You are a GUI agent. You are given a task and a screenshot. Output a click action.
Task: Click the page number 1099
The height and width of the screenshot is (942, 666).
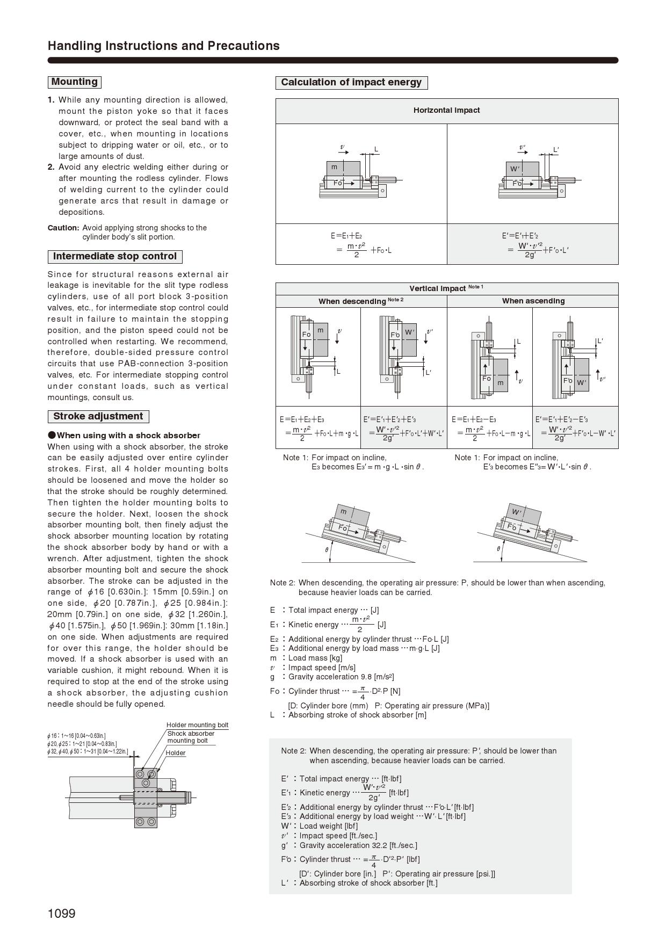62,914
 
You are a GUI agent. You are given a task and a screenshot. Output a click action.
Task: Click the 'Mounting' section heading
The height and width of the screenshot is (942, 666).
74,82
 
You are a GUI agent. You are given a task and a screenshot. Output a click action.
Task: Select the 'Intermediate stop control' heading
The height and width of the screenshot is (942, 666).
114,256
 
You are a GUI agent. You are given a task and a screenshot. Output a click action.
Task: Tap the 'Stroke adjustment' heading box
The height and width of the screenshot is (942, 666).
98,416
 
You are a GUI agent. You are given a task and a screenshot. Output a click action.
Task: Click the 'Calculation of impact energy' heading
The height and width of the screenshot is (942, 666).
351,83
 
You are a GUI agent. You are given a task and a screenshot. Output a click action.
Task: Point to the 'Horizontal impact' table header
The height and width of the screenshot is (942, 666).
446,110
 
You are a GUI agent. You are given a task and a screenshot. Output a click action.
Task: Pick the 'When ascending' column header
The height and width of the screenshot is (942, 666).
533,301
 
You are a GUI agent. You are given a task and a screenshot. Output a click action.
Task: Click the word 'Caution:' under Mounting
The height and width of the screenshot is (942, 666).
63,228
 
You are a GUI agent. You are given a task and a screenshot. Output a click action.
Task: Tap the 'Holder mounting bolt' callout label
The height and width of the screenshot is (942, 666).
197,725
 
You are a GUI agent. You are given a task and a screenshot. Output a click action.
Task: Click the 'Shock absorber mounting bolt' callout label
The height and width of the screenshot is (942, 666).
190,737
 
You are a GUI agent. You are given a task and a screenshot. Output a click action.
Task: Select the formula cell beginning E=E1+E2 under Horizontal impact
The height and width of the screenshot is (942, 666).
361,244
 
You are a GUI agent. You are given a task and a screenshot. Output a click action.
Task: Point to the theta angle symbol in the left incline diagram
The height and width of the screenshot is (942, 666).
327,549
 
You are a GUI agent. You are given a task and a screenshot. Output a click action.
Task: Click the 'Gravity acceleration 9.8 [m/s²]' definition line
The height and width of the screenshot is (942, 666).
341,677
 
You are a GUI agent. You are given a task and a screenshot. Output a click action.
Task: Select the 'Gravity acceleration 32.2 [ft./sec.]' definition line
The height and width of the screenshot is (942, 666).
358,845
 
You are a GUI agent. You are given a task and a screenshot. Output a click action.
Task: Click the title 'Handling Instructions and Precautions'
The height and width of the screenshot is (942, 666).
163,46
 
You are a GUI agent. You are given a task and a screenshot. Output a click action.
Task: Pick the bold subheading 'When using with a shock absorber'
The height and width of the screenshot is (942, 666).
128,436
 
